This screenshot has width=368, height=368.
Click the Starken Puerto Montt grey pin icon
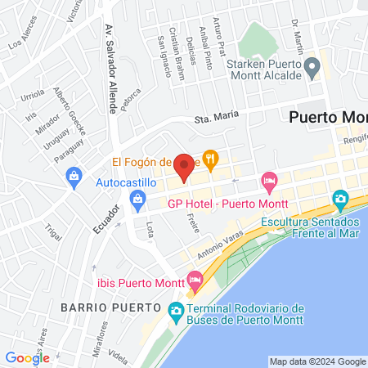pyautogui.click(x=311, y=65)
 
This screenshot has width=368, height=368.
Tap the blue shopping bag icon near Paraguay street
pyautogui.click(x=74, y=176)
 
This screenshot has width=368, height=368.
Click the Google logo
pyautogui.click(x=28, y=357)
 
